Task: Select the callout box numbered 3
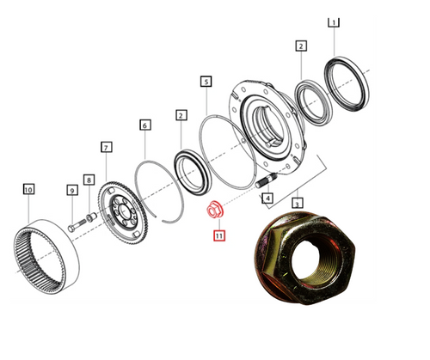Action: click(x=297, y=204)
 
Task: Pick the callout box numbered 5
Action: click(x=206, y=82)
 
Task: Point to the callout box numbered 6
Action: click(x=145, y=125)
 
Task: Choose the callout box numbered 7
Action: click(x=106, y=148)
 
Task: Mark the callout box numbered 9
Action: click(x=71, y=189)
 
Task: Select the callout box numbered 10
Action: click(x=28, y=188)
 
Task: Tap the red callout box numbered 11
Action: click(x=218, y=234)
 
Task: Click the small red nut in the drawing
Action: click(x=214, y=211)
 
